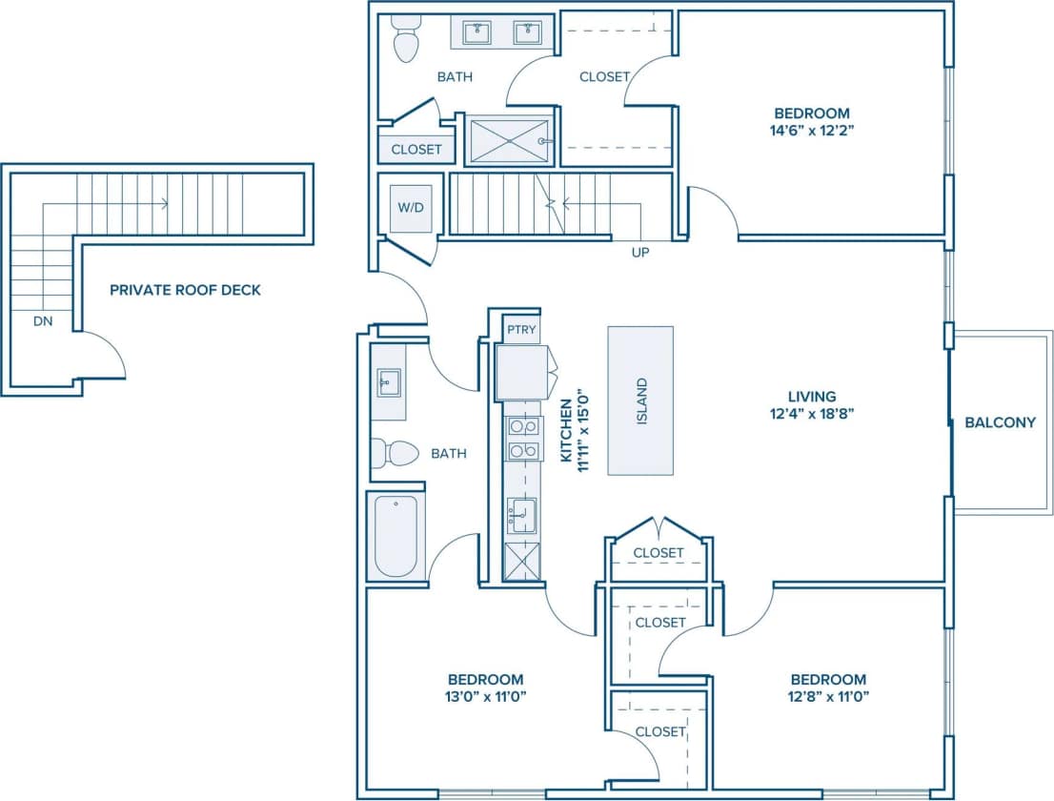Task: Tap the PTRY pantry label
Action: (x=521, y=331)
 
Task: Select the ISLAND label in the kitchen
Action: (x=641, y=401)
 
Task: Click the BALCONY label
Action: (x=1000, y=421)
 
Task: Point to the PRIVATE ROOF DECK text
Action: (x=185, y=290)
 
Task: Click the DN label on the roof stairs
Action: (x=43, y=321)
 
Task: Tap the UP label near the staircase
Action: (x=640, y=254)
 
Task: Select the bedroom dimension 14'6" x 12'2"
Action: (x=812, y=131)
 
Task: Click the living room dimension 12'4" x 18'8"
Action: (x=812, y=414)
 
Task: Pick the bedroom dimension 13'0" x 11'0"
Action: (x=485, y=696)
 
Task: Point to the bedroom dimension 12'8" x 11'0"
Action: (x=827, y=696)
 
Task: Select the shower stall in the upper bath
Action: (x=511, y=140)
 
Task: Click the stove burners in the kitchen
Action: (x=521, y=439)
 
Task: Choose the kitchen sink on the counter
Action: (x=522, y=515)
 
